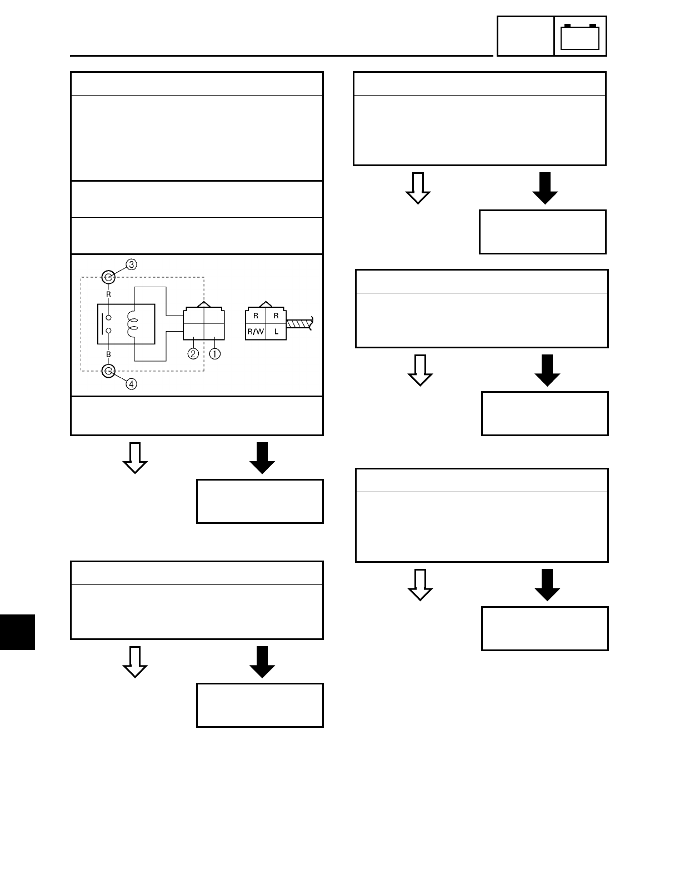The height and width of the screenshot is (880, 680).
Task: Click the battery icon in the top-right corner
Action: point(580,37)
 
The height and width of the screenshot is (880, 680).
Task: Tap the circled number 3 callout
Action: point(131,264)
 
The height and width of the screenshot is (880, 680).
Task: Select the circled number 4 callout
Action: point(131,383)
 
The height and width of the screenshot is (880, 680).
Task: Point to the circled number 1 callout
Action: point(214,353)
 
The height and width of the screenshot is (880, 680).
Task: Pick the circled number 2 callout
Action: point(193,353)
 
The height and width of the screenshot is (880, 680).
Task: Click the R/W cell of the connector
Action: point(256,332)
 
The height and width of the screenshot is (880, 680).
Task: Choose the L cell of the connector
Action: point(276,332)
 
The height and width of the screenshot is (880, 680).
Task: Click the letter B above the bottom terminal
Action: point(109,353)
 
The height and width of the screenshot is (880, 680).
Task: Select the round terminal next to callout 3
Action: point(109,276)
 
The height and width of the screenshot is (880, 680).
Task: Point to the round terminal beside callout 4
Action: point(109,371)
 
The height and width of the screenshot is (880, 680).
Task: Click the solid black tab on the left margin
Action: point(17,632)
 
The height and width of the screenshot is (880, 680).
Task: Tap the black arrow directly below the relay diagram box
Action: point(263,458)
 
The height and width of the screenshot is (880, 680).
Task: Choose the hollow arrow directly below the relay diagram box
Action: point(135,458)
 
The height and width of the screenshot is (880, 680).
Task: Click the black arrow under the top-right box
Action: point(545,188)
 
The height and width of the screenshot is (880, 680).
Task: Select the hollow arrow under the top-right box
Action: point(418,188)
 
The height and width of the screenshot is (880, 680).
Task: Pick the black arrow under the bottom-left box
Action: point(263,662)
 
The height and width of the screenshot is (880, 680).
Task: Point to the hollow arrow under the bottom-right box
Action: point(421,584)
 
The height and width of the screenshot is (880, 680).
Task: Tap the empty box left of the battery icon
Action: point(525,37)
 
